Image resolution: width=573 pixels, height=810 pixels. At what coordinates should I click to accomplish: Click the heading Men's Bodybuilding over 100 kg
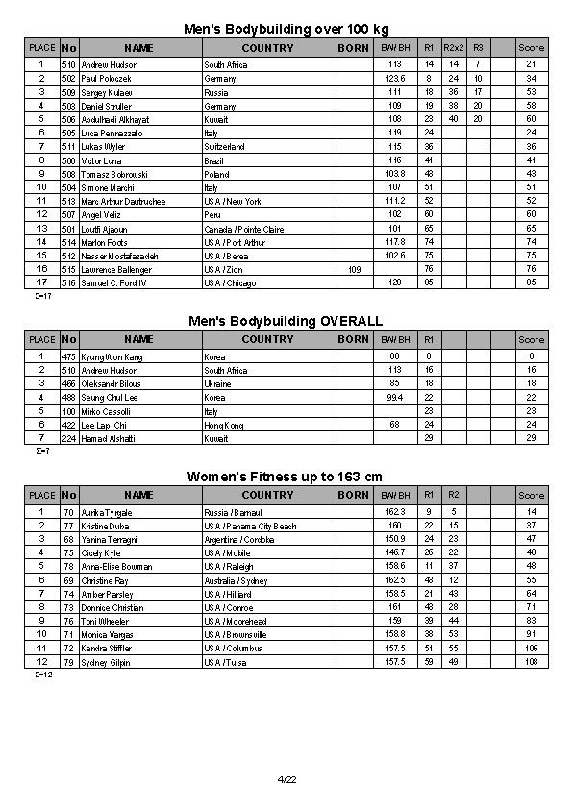tap(286, 29)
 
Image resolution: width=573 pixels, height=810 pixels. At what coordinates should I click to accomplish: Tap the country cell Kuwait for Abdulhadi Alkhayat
tap(216, 119)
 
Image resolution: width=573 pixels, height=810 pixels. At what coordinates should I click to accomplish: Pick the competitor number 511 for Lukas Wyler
tap(69, 147)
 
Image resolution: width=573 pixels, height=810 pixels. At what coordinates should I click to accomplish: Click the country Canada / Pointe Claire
tap(243, 230)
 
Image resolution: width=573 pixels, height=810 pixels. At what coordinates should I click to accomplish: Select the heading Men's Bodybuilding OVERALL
tap(286, 321)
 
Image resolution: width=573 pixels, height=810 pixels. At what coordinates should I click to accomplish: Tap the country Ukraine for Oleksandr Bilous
tap(217, 383)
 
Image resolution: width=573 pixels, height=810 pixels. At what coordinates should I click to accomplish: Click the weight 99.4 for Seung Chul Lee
tap(394, 397)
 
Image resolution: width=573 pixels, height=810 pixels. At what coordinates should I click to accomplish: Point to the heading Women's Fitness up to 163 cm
tap(286, 477)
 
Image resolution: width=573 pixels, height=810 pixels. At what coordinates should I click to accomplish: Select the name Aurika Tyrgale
tap(106, 513)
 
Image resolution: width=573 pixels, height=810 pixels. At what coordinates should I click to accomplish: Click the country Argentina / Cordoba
tap(241, 540)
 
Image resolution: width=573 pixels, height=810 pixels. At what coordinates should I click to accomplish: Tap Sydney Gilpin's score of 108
tap(531, 663)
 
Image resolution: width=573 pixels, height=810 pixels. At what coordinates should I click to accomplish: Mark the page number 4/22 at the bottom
tap(286, 779)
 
